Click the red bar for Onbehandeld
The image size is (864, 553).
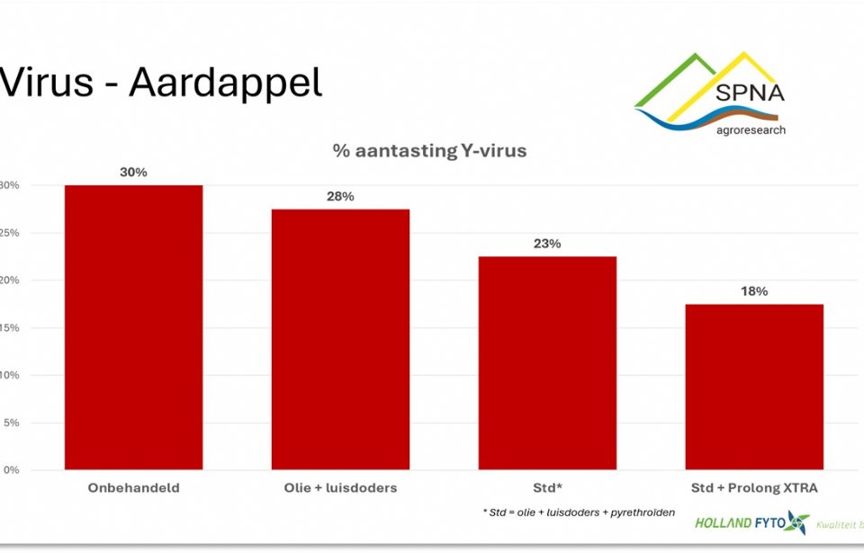click(133, 327)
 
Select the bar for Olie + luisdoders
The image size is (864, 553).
click(340, 339)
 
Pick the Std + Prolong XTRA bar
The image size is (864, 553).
click(754, 387)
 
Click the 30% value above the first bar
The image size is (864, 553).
click(133, 172)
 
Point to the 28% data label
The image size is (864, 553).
click(340, 196)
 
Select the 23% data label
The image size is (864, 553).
click(547, 244)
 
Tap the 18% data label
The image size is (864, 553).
click(754, 291)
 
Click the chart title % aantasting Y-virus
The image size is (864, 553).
click(429, 151)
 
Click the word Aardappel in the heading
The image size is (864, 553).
click(225, 83)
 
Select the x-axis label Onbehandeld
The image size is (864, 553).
click(133, 488)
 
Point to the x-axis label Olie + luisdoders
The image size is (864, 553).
click(340, 488)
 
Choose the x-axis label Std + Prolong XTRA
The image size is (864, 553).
click(754, 488)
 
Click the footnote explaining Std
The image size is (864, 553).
click(579, 513)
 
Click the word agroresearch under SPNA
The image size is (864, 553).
click(751, 129)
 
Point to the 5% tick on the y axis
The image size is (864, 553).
click(10, 423)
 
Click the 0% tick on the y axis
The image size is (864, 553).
click(10, 470)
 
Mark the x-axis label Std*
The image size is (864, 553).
click(547, 488)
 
